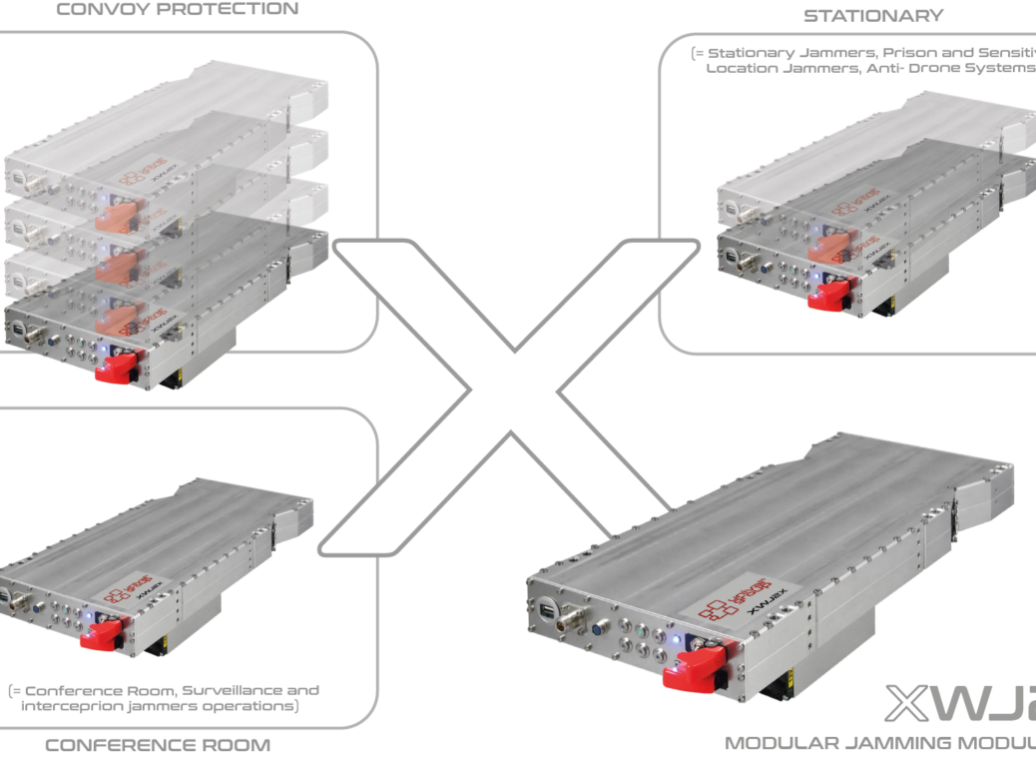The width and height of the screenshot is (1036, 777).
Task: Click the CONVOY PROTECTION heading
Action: coord(177,10)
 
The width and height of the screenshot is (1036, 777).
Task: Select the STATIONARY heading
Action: coord(872,16)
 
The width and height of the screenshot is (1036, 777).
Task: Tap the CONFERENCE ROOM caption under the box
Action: coord(158,745)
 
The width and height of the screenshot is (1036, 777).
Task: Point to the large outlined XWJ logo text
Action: coord(958,704)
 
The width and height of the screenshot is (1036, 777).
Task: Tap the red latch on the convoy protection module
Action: coord(118,367)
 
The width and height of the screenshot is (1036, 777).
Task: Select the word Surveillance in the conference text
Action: coord(233,690)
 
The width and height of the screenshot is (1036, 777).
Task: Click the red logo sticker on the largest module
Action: coord(723,597)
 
